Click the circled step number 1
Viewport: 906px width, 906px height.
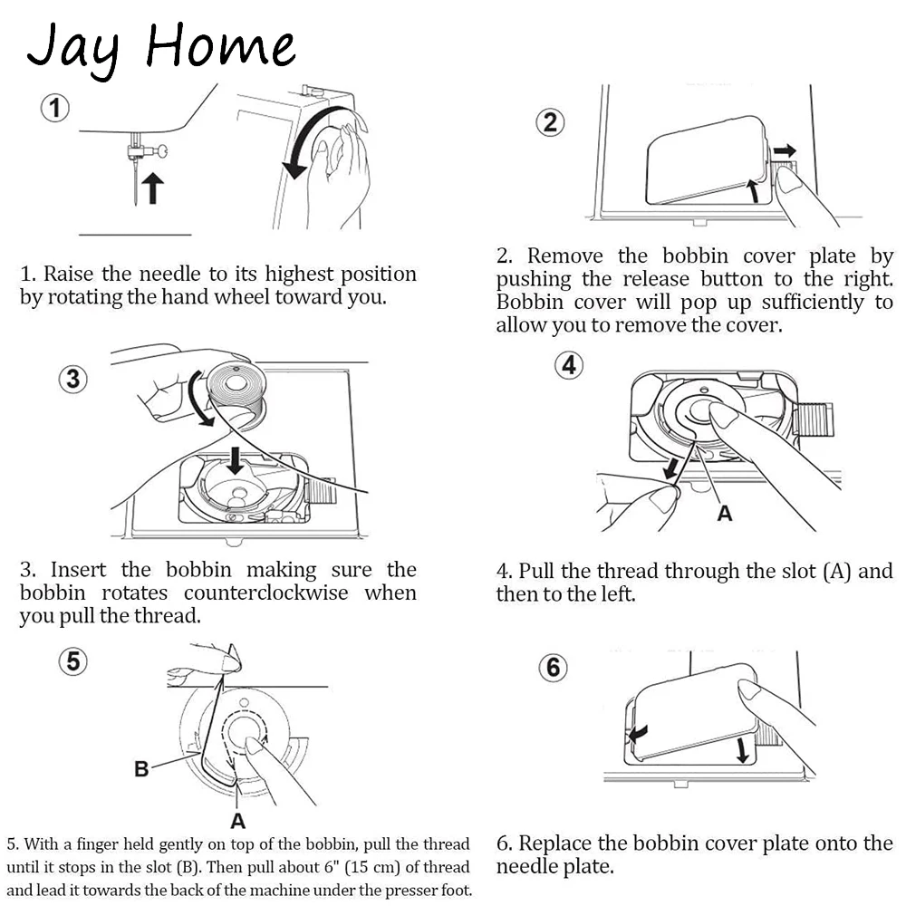coord(55,108)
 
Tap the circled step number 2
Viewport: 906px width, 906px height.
coord(550,122)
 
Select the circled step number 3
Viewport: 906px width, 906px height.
coord(72,379)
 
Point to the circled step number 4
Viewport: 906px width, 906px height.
coord(569,365)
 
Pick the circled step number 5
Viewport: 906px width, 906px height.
coord(72,661)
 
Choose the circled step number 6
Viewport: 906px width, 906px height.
coord(553,668)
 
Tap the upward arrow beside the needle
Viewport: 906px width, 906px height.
coord(152,188)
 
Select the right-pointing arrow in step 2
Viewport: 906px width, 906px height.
coord(785,151)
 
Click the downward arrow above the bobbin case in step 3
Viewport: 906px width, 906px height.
coord(235,460)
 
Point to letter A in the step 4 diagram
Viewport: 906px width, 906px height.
coord(725,513)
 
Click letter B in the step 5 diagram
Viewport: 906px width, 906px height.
coord(141,769)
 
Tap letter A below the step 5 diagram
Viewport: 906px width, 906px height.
coord(238,821)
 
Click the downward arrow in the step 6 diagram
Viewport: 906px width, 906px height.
coord(743,749)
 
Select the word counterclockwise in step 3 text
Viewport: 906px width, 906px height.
coord(265,593)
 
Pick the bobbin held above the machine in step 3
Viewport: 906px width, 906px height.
coord(236,390)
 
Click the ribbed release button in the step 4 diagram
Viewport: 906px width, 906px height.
coord(814,419)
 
